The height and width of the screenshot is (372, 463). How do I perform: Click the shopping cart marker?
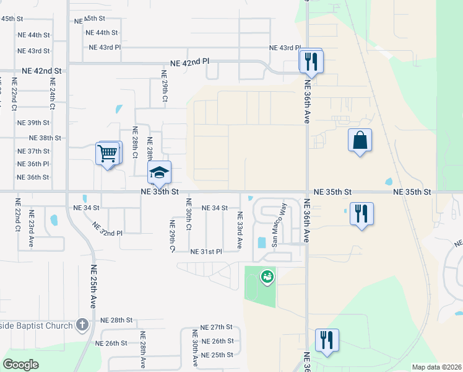pos(108,154)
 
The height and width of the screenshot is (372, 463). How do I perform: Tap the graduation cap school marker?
pos(159,174)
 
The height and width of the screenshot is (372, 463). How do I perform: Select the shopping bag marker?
pos(360,141)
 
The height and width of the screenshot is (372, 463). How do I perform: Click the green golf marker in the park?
pos(267,277)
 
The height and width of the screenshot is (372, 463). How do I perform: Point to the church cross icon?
pos(82,325)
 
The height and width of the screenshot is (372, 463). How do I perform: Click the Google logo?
pos(21,365)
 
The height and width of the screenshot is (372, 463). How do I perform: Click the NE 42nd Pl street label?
pos(191,63)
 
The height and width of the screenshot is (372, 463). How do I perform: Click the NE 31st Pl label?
pos(206,251)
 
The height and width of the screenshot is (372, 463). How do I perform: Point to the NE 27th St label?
pos(216,327)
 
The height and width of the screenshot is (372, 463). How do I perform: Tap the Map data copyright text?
pos(437,367)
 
